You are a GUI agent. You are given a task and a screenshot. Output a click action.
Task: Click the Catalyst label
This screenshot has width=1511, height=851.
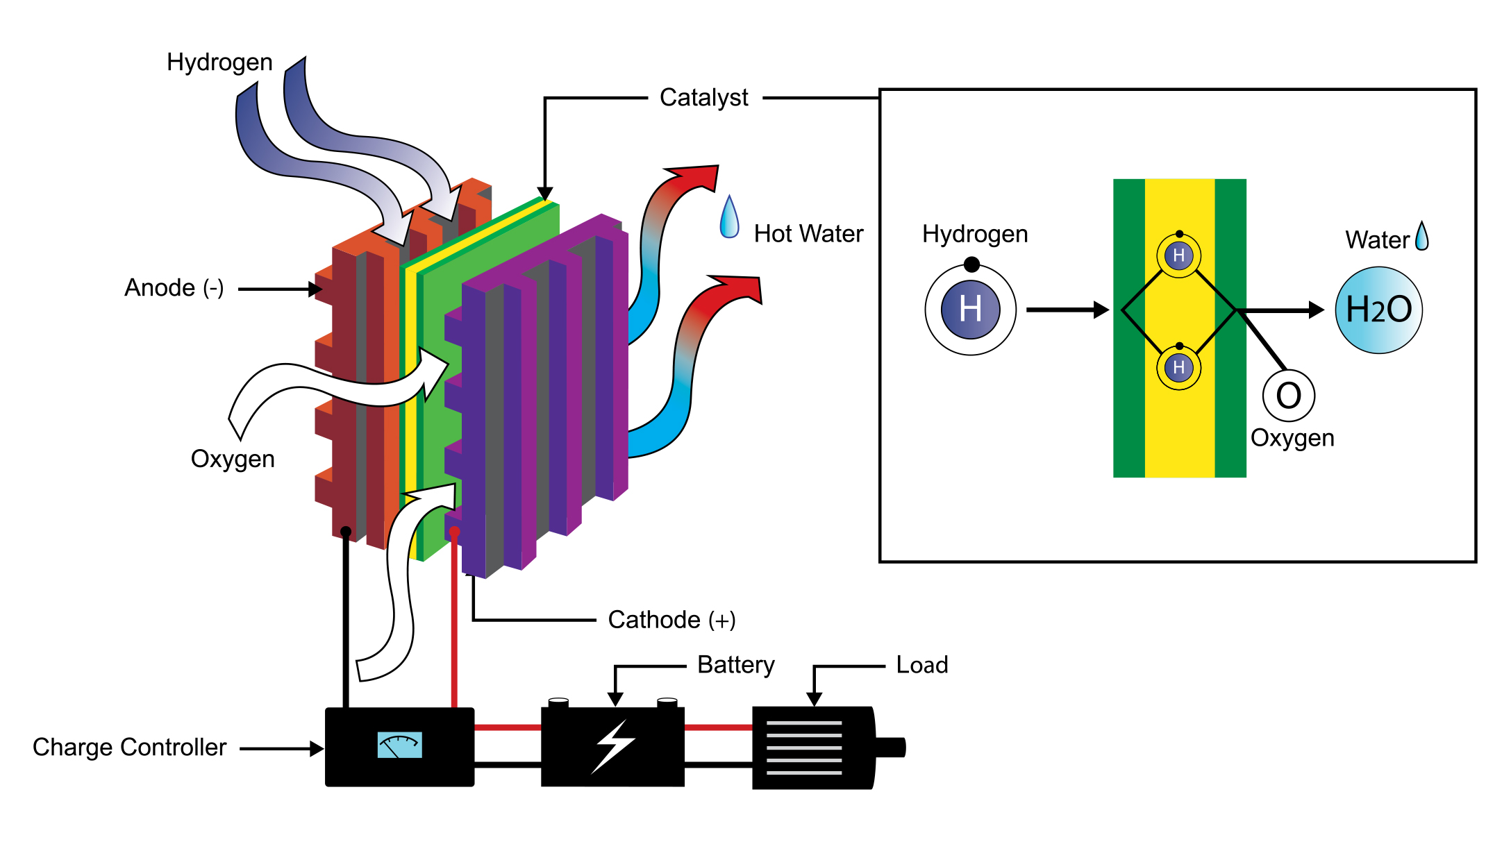click(703, 98)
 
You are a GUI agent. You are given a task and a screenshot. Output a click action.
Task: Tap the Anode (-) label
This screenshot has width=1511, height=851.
click(174, 287)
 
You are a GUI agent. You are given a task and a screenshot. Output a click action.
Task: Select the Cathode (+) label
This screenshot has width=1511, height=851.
click(671, 620)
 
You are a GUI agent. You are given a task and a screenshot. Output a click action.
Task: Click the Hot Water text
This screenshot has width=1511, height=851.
click(808, 234)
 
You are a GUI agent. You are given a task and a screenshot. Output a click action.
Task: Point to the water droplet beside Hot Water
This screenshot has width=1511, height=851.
click(729, 219)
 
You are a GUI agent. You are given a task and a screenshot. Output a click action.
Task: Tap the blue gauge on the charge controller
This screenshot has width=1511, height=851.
click(399, 745)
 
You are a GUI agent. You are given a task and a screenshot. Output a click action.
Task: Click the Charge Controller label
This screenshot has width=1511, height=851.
click(129, 748)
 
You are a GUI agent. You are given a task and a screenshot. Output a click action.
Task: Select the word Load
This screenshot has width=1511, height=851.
click(921, 665)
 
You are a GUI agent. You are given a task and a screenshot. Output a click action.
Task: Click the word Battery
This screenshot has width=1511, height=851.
click(735, 665)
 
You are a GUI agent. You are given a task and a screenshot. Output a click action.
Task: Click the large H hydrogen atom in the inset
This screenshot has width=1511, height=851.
click(970, 310)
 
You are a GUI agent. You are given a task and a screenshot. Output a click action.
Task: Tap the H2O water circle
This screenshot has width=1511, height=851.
click(1378, 310)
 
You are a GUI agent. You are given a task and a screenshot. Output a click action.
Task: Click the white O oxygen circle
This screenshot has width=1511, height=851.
click(1288, 396)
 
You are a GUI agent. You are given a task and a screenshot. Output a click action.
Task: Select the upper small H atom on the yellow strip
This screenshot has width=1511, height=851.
click(1178, 255)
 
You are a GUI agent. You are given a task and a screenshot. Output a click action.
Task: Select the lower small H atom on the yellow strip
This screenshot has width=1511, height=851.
click(1178, 367)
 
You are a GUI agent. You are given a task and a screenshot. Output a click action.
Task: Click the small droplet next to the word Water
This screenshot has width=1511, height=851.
click(1421, 237)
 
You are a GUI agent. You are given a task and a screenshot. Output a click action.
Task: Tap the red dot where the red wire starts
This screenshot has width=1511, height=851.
click(454, 532)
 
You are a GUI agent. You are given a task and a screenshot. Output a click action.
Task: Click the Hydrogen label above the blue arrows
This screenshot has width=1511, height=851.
click(219, 62)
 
